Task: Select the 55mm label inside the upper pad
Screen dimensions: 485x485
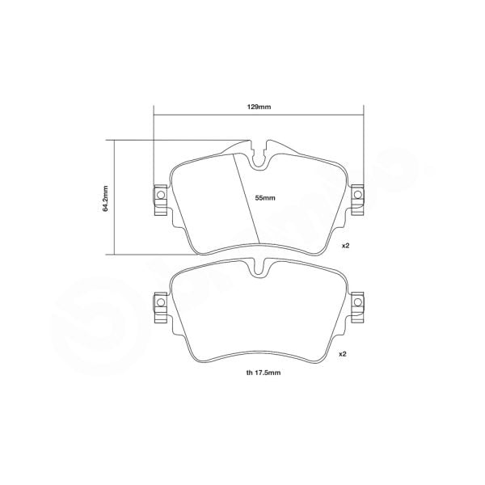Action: pyautogui.click(x=265, y=197)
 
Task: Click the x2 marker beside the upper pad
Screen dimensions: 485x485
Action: pyautogui.click(x=344, y=245)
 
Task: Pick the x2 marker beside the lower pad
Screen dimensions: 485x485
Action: pyautogui.click(x=344, y=354)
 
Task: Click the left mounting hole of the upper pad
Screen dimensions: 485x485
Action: pyautogui.click(x=159, y=196)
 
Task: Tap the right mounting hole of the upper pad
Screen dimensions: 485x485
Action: pyautogui.click(x=357, y=196)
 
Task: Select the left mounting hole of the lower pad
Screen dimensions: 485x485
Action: pyautogui.click(x=159, y=303)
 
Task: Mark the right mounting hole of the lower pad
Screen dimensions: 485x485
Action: pyautogui.click(x=357, y=303)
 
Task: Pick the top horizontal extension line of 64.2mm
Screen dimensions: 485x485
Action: pyautogui.click(x=178, y=140)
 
